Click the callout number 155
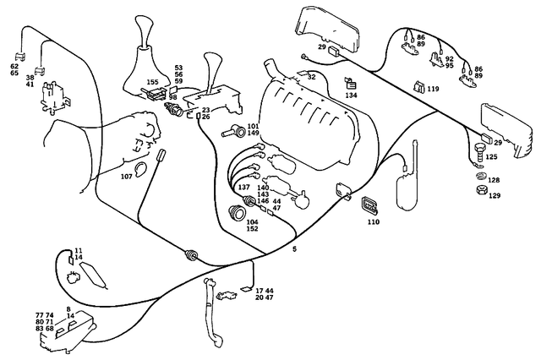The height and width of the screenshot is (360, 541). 152,82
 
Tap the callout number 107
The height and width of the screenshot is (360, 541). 128,176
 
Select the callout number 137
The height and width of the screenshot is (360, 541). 244,187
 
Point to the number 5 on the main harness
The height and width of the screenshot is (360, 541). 294,249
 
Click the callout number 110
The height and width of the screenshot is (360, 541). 374,221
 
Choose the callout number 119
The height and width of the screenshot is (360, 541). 433,88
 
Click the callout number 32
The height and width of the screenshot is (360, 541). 311,77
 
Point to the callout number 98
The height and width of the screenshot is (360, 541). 172,97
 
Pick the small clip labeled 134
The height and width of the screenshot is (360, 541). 349,83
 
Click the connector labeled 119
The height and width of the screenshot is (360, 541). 418,85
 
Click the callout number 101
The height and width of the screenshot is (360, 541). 253,125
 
